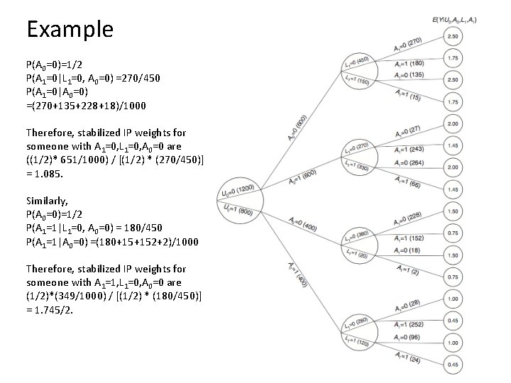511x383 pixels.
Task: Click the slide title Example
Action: point(70,29)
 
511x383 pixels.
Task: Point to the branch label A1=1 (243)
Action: point(410,149)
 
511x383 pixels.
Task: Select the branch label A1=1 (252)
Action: point(410,324)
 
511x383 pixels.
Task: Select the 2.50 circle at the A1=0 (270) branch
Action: point(453,36)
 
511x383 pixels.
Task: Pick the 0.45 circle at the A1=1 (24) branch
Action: point(453,364)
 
